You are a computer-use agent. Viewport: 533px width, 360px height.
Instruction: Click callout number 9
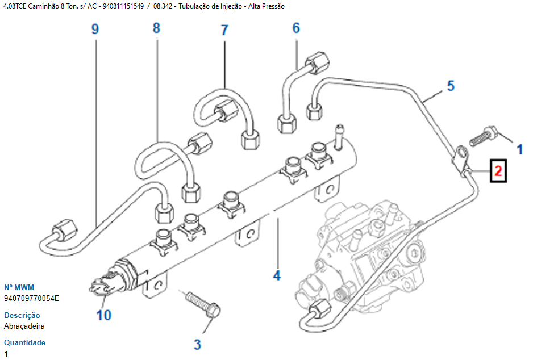coord(95,29)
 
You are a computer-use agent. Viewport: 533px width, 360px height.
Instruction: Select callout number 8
coord(156,28)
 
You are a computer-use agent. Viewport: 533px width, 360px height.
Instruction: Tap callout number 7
coord(224,30)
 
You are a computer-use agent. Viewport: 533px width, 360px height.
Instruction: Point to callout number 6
coord(296,27)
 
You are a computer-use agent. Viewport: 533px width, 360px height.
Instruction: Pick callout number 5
coord(451,86)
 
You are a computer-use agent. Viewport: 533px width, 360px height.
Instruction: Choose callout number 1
coord(519,149)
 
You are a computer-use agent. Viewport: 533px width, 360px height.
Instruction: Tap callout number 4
coord(277,276)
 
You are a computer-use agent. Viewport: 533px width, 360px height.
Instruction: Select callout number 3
coord(197,344)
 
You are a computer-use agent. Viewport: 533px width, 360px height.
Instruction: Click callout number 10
coord(103,314)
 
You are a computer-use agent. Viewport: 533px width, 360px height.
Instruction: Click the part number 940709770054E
coord(32,298)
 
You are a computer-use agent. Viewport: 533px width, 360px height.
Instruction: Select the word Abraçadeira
coord(24,326)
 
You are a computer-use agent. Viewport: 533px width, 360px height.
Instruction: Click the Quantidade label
coord(25,342)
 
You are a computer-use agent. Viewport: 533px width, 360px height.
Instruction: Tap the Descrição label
coord(22,315)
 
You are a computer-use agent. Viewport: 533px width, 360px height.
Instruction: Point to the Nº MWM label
coord(19,287)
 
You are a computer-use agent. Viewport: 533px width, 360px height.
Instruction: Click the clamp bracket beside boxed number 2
coord(463,161)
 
